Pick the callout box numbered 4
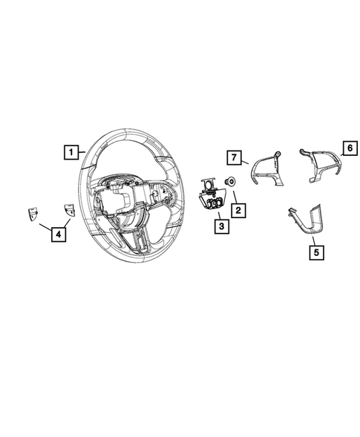click(57, 235)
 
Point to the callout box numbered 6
click(346, 148)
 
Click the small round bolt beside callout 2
click(230, 180)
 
